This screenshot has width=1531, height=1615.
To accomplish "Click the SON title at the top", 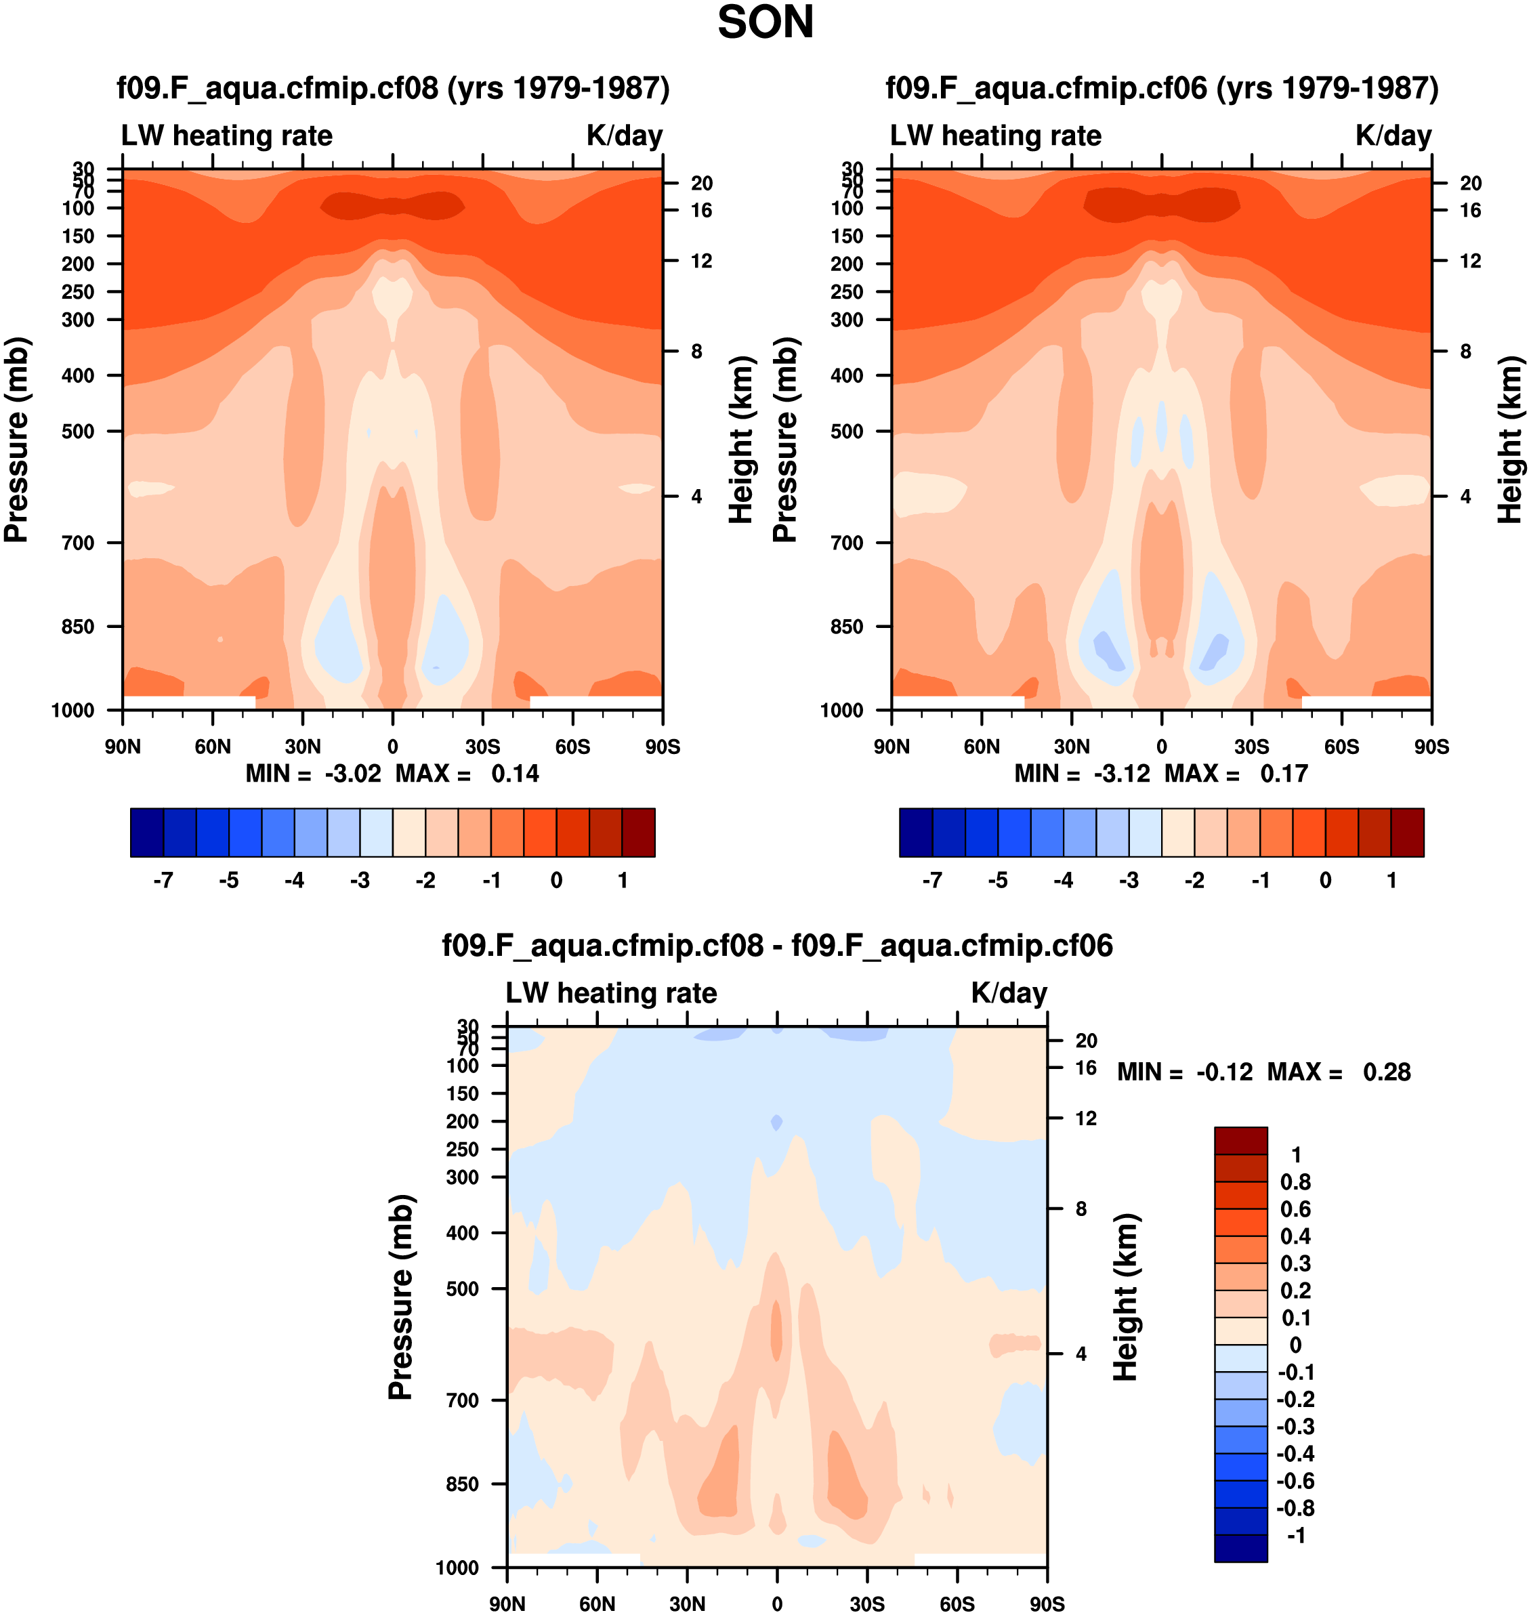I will pyautogui.click(x=765, y=23).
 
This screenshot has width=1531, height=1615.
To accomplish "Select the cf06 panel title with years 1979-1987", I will pyautogui.click(x=1162, y=88).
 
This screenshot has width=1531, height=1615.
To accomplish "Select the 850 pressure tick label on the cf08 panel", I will pyautogui.click(x=79, y=627).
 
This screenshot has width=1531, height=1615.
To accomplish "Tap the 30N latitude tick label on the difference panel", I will pyautogui.click(x=687, y=1603).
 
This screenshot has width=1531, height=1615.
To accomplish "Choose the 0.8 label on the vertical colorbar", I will pyautogui.click(x=1295, y=1181).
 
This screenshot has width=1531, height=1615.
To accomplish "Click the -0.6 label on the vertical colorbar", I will pyautogui.click(x=1295, y=1481).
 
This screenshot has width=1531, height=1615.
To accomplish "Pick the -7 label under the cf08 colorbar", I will pyautogui.click(x=163, y=880).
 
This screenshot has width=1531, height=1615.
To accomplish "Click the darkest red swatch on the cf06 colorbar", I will pyautogui.click(x=1407, y=833).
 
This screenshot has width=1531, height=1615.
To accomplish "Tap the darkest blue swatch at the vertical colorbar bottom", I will pyautogui.click(x=1240, y=1548).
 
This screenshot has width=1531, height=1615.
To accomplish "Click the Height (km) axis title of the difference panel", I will pyautogui.click(x=1125, y=1297).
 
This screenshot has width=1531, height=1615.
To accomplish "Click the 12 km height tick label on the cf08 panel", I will pyautogui.click(x=702, y=261).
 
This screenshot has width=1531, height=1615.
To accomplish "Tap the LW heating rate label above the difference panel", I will pyautogui.click(x=611, y=993).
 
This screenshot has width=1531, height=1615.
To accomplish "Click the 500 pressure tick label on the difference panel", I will pyautogui.click(x=463, y=1289).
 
